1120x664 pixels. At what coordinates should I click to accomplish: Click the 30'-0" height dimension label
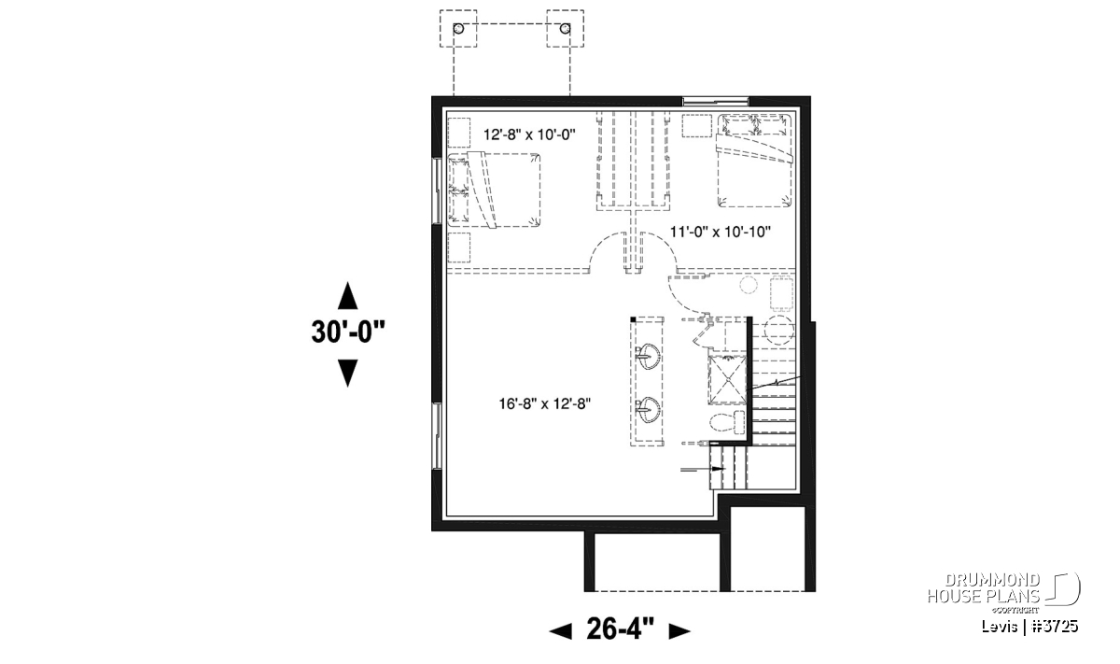click(348, 332)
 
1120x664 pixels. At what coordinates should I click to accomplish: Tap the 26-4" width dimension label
click(620, 629)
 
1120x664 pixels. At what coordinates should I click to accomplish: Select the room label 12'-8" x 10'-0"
click(529, 134)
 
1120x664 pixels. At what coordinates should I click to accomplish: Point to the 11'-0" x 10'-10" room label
click(721, 232)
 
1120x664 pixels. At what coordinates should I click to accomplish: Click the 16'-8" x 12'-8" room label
click(545, 403)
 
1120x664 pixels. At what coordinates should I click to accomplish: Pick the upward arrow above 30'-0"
click(347, 296)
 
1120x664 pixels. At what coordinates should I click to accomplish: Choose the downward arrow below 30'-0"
click(347, 374)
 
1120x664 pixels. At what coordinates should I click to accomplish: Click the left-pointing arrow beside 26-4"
click(561, 631)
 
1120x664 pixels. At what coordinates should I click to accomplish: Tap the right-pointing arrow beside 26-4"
click(680, 631)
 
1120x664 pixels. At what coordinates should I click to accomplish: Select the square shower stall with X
click(727, 378)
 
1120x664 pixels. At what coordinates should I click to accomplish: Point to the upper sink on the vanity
click(649, 356)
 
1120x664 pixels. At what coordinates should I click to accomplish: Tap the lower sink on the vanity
click(649, 410)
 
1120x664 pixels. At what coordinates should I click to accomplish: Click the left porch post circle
click(458, 29)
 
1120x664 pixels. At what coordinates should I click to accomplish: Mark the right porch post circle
click(565, 29)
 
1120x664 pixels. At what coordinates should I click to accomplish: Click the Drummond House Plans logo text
click(984, 588)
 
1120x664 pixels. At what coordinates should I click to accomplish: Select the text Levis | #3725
click(1029, 627)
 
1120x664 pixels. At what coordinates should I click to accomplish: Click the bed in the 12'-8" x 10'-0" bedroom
click(494, 191)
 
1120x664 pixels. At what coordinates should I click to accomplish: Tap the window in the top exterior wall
click(716, 102)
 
